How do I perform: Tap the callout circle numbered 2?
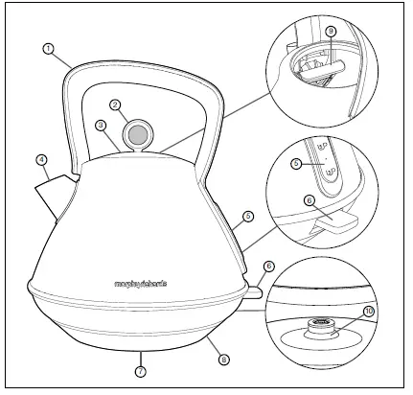[x=114, y=105]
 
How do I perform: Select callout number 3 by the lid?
[x=100, y=125]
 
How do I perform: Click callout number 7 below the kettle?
[x=140, y=370]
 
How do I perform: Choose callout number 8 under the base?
[x=223, y=360]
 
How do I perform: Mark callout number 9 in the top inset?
[x=331, y=32]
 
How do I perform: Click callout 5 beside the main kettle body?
[x=247, y=217]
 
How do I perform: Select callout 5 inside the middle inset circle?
[x=297, y=164]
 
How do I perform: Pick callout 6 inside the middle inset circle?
[x=309, y=199]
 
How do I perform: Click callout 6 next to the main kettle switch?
[x=269, y=265]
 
